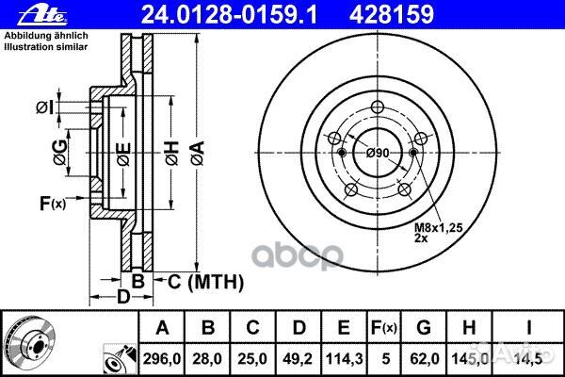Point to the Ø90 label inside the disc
tap(378, 153)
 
